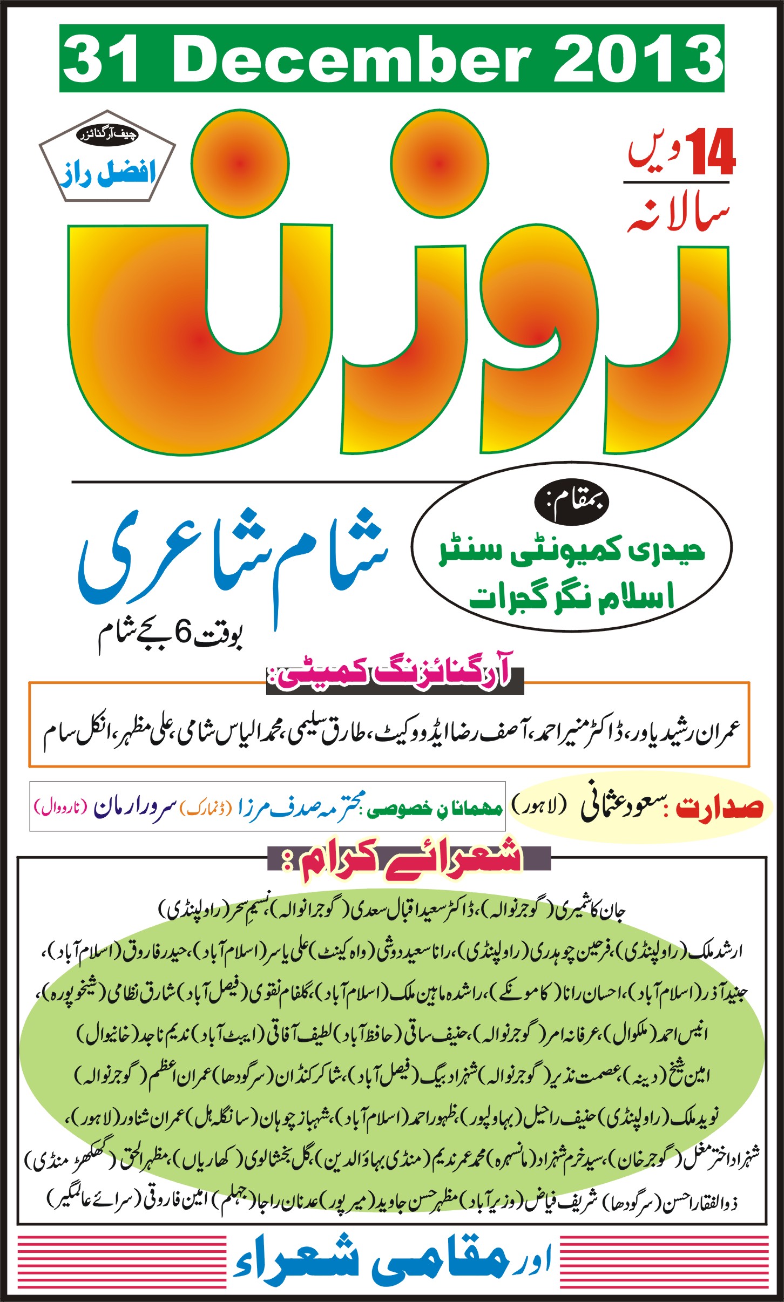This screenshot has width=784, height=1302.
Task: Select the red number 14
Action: (x=711, y=153)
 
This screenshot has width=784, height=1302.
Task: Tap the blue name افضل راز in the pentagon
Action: (x=108, y=173)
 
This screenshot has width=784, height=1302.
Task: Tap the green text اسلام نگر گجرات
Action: (x=572, y=597)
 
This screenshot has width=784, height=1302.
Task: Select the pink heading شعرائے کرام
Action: (x=402, y=858)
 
